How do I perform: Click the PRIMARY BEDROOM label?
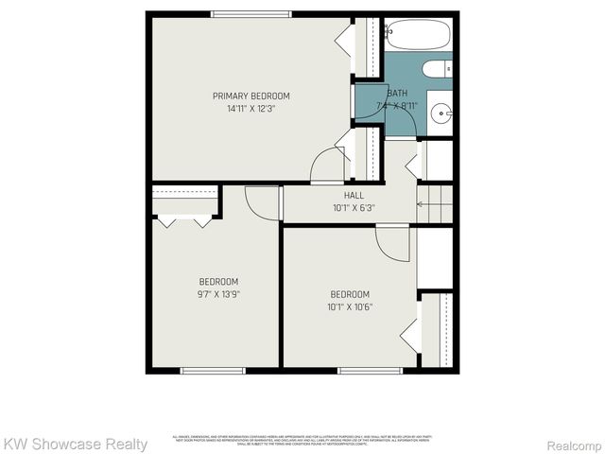point(251,96)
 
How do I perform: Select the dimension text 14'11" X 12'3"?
point(251,109)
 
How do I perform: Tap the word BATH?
point(397,93)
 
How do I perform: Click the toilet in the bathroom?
point(438,69)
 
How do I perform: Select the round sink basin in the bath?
point(441,114)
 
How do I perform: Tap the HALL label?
point(354,195)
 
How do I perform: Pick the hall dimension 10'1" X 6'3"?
point(354,208)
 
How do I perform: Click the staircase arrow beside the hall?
point(436,204)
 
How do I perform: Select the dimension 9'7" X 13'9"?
point(218,294)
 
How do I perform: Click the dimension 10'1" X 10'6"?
point(350,306)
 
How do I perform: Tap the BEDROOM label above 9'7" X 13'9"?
point(218,282)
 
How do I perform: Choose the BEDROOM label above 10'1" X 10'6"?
point(350,294)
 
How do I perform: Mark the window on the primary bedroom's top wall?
point(251,13)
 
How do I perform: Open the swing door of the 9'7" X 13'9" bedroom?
point(262,202)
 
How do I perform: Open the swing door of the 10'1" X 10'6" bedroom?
point(392,242)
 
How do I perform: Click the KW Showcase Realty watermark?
point(75,444)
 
